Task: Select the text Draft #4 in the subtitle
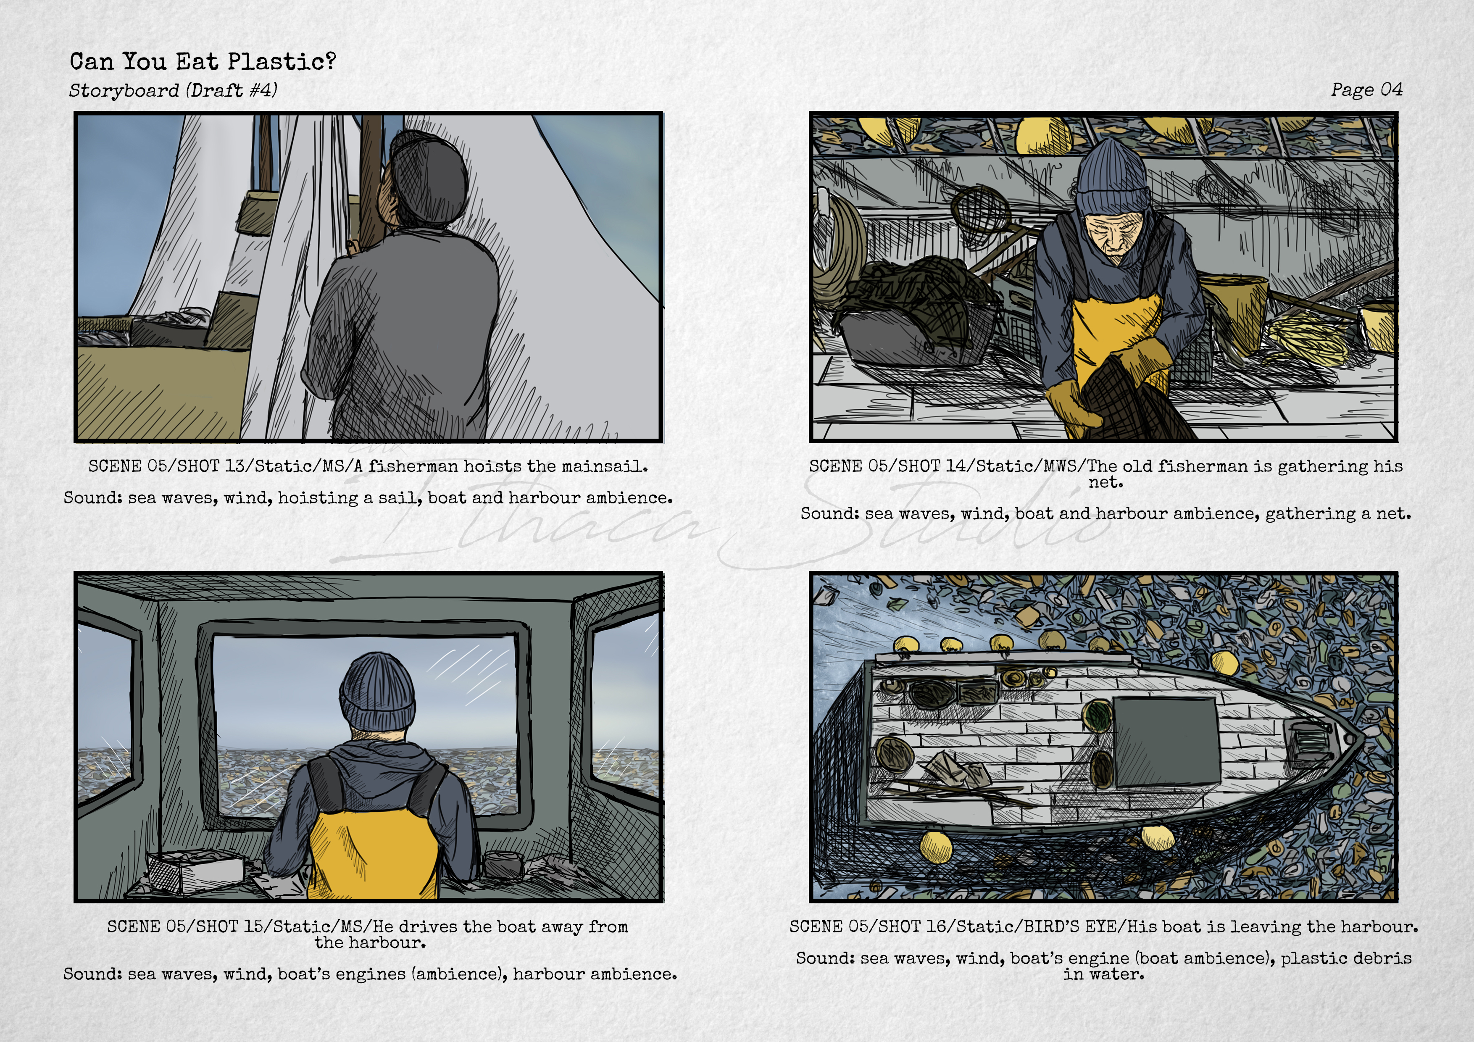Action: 232,90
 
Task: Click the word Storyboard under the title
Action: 124,90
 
